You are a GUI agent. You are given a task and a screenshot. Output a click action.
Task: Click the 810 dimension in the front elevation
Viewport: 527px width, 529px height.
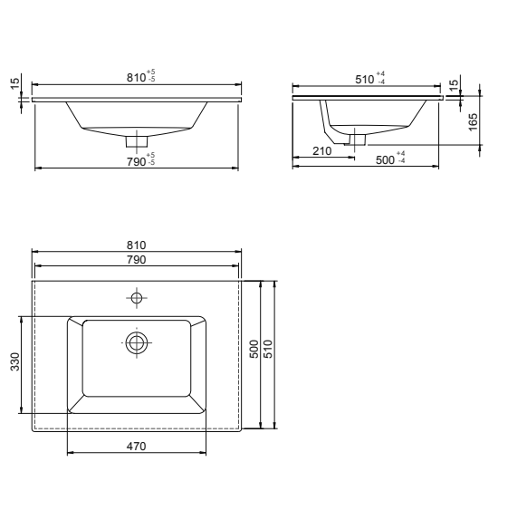pos(136,79)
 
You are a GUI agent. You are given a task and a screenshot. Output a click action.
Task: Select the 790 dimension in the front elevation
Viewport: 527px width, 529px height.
pos(136,160)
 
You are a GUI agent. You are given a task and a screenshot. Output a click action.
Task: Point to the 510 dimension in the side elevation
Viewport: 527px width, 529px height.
pos(365,79)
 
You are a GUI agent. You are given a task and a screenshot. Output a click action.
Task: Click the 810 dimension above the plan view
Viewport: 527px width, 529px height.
pos(136,245)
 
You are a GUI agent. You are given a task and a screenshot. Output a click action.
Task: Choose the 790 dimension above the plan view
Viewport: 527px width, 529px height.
pos(136,259)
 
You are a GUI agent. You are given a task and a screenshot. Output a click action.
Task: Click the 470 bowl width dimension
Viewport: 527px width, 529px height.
pos(136,446)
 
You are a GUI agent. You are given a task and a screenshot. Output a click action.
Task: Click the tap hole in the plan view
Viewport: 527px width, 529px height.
pos(137,298)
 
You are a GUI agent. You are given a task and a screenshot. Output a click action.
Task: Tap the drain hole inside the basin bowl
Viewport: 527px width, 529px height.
pos(137,341)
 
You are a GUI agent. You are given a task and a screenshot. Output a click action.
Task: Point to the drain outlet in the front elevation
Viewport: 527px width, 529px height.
pos(137,140)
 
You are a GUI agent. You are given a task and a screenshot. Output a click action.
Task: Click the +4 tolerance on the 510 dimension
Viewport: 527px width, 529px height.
pos(381,74)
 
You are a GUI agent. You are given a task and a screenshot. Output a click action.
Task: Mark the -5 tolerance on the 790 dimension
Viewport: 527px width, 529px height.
pos(150,164)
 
